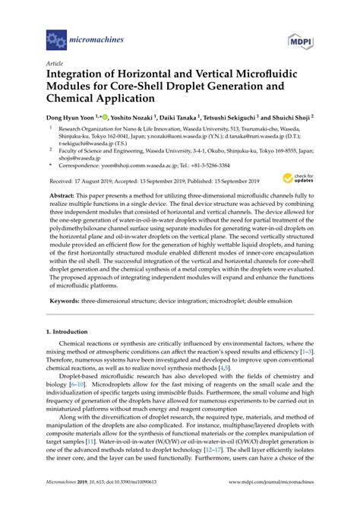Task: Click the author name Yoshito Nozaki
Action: click(134, 118)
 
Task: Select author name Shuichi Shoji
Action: click(290, 118)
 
